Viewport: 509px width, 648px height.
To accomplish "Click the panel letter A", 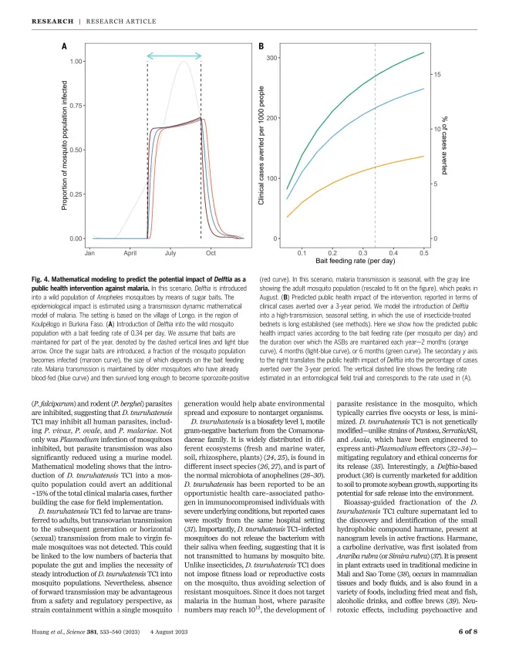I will pyautogui.click(x=65, y=46).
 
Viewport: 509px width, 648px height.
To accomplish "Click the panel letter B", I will pyautogui.click(x=261, y=46).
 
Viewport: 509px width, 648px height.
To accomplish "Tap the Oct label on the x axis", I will pyautogui.click(x=211, y=253).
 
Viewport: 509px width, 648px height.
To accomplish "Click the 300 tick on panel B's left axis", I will pyautogui.click(x=271, y=58).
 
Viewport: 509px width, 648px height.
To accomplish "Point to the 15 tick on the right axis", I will pyautogui.click(x=437, y=74).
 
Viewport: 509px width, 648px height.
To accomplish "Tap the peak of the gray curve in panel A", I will pyautogui.click(x=184, y=62).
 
